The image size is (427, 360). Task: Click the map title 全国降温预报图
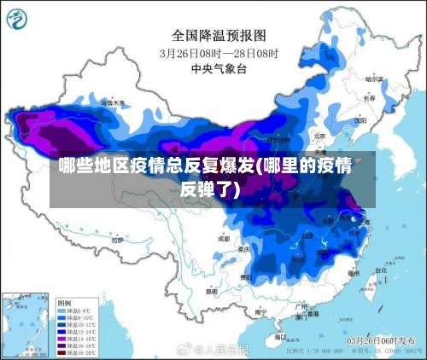[219, 35]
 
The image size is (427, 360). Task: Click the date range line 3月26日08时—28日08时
[219, 52]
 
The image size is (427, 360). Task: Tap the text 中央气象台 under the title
[219, 67]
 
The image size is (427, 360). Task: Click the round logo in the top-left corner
[20, 17]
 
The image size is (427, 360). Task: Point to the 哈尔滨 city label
[372, 78]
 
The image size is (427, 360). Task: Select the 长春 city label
[369, 97]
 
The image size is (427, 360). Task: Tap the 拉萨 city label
[117, 241]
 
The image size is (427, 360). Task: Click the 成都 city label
[223, 239]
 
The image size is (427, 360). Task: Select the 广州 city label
[300, 306]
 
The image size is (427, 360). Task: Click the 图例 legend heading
[64, 303]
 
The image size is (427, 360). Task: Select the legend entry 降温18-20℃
[77, 352]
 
